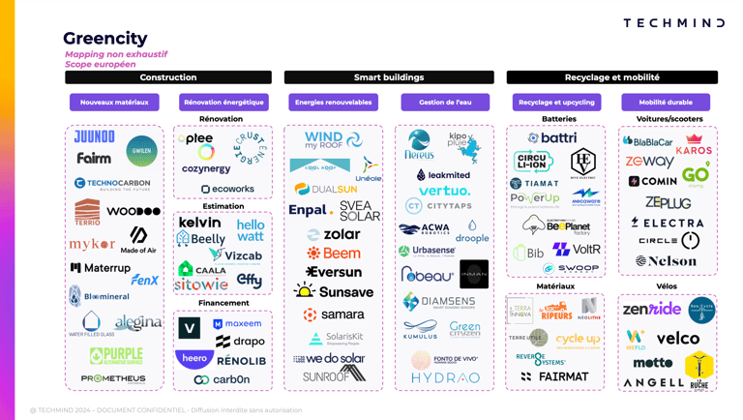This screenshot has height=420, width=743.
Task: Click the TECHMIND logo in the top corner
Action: click(673, 22)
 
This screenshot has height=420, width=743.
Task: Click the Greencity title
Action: click(104, 39)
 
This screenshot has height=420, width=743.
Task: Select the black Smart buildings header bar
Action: click(389, 77)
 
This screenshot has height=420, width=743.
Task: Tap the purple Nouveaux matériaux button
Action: click(114, 102)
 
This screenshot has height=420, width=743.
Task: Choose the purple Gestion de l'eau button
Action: click(444, 102)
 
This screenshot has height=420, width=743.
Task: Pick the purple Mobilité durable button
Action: click(665, 102)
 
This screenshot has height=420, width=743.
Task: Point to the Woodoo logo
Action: click(134, 211)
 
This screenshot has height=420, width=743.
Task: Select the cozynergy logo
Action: click(206, 169)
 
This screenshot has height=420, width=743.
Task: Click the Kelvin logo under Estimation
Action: click(199, 223)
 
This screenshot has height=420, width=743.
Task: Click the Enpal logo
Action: click(311, 210)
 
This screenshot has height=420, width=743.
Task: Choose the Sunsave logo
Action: click(334, 291)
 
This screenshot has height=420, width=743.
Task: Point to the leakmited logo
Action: click(443, 175)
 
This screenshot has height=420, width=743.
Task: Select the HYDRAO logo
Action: click(444, 378)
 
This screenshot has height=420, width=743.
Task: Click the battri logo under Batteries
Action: click(553, 138)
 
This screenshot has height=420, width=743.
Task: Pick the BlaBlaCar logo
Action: click(648, 141)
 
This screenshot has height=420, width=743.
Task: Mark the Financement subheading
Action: click(223, 303)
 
